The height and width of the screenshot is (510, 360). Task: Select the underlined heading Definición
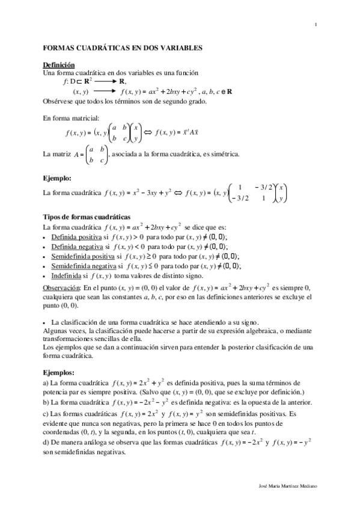[x=59, y=64]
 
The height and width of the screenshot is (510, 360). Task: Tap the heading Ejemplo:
[x=58, y=179]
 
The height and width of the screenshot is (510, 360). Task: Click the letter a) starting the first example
[x=47, y=383]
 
